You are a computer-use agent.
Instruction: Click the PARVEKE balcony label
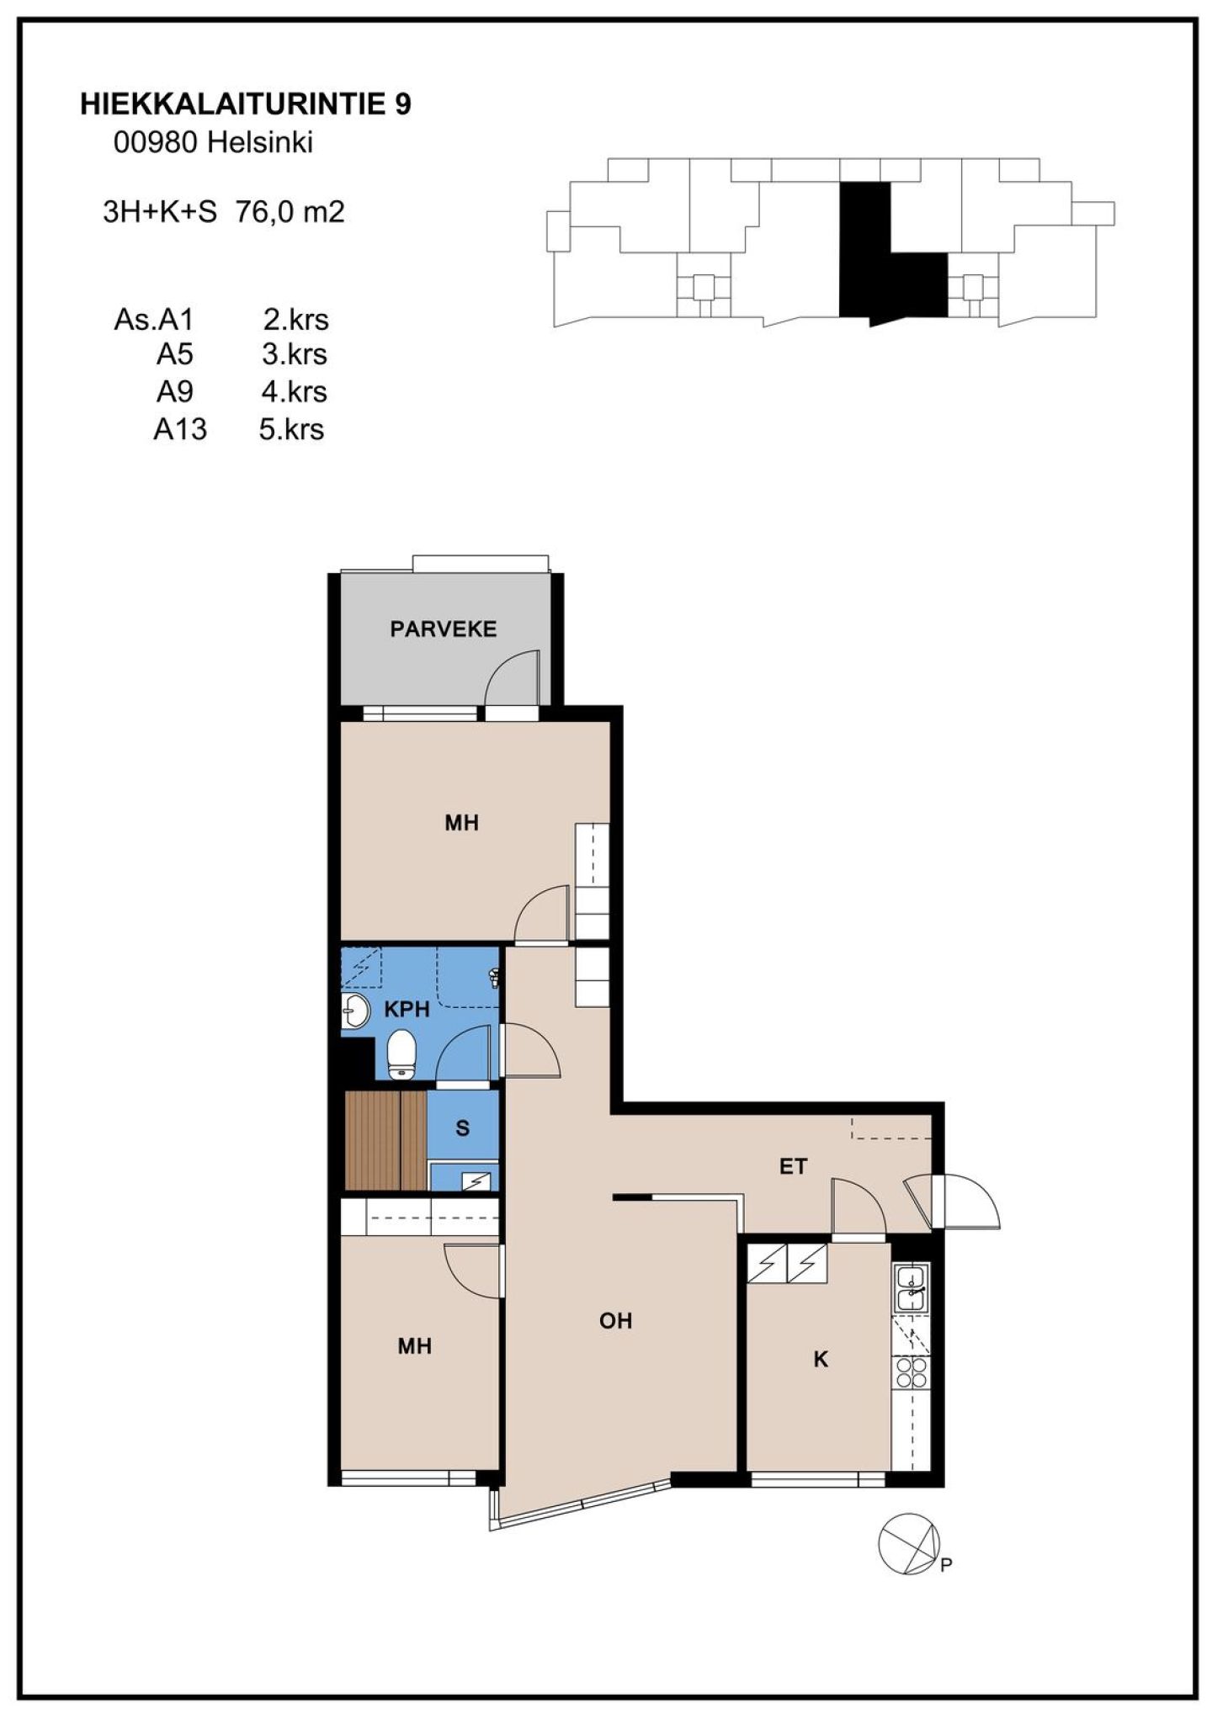point(443,629)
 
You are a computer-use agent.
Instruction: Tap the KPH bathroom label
point(407,1009)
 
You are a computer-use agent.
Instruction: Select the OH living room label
point(615,1320)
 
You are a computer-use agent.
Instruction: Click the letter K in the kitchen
point(821,1359)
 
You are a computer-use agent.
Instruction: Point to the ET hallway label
point(793,1166)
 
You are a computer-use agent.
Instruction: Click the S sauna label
point(462,1128)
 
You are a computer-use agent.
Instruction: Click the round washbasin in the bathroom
point(356,1010)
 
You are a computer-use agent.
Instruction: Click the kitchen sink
point(912,1288)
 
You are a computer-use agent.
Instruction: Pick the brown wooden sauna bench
point(385,1140)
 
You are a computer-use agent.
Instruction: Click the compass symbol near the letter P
point(908,1544)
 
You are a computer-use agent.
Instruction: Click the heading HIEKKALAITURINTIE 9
point(246,104)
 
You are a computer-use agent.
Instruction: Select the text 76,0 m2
point(290,211)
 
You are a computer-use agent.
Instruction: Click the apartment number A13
point(180,429)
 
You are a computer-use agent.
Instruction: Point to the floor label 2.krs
point(295,320)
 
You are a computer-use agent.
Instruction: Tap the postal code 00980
point(157,143)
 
